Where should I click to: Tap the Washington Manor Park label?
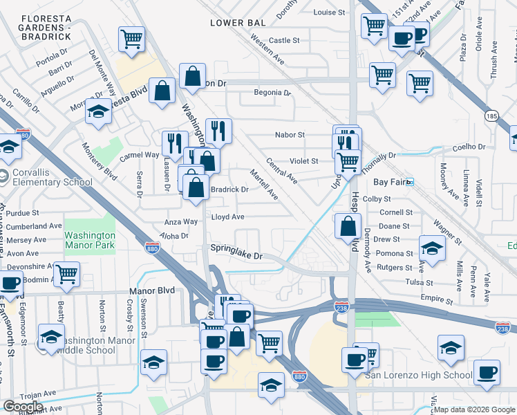click(89, 239)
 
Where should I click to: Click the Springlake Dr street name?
click(238, 255)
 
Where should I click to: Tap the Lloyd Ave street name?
click(227, 216)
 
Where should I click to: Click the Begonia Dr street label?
click(272, 92)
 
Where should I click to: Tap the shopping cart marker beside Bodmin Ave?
click(67, 275)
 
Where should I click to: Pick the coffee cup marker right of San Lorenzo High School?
click(487, 371)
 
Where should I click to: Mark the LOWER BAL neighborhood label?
click(238, 23)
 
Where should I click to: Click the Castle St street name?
click(284, 40)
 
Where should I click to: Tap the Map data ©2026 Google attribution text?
click(473, 409)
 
